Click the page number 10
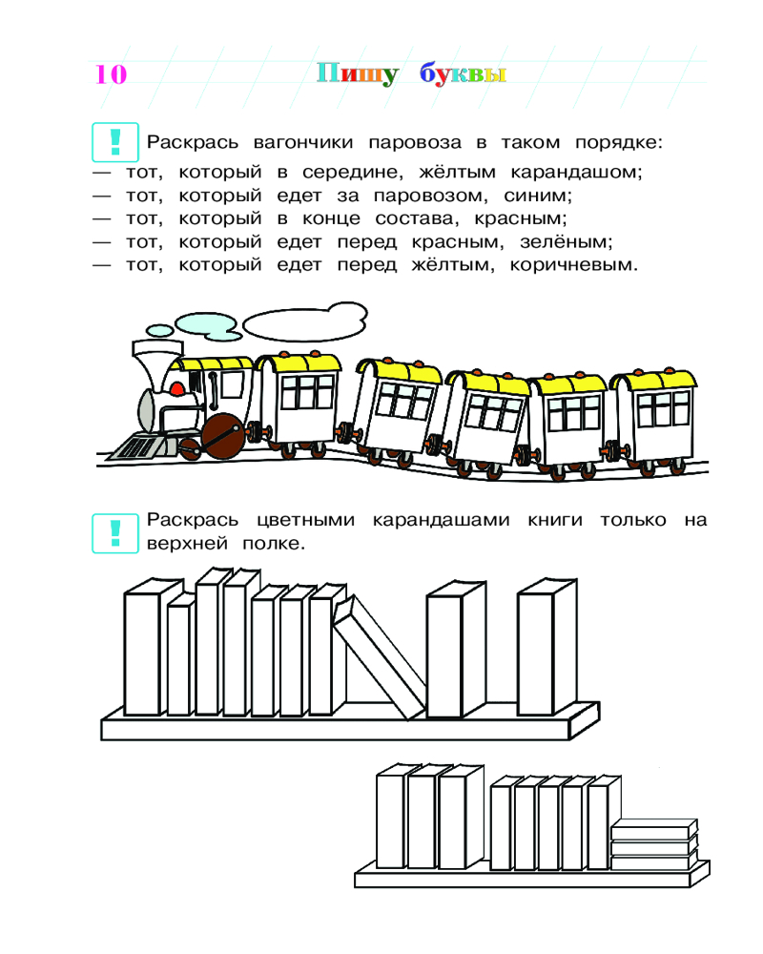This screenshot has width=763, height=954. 111,74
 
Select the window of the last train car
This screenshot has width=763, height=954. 663,407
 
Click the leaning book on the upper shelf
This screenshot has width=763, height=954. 380,657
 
